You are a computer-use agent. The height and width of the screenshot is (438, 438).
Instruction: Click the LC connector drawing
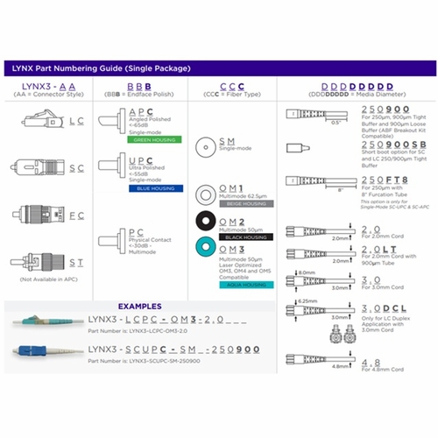[x=41, y=122]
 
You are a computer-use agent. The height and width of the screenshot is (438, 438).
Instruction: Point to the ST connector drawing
[x=41, y=262]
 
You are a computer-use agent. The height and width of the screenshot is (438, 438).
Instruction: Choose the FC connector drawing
[x=41, y=214]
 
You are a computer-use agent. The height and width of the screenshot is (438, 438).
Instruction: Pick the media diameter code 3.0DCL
[x=365, y=309]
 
